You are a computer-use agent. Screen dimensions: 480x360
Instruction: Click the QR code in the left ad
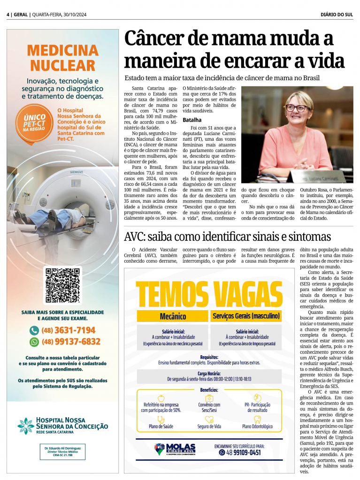pyautogui.click(x=62, y=285)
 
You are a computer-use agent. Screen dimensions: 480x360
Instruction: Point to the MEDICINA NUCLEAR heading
pyautogui.click(x=63, y=57)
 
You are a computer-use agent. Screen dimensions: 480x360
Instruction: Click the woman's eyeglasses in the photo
pyautogui.click(x=297, y=107)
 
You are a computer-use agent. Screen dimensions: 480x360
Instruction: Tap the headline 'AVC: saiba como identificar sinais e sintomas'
pyautogui.click(x=227, y=236)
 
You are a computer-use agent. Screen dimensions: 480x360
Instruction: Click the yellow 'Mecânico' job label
pyautogui.click(x=173, y=316)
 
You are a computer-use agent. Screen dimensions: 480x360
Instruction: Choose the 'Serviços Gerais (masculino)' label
pyautogui.click(x=246, y=316)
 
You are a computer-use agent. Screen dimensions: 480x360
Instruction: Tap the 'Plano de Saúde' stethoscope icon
pyautogui.click(x=161, y=419)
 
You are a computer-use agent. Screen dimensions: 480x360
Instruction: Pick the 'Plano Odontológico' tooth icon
pyautogui.click(x=257, y=419)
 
